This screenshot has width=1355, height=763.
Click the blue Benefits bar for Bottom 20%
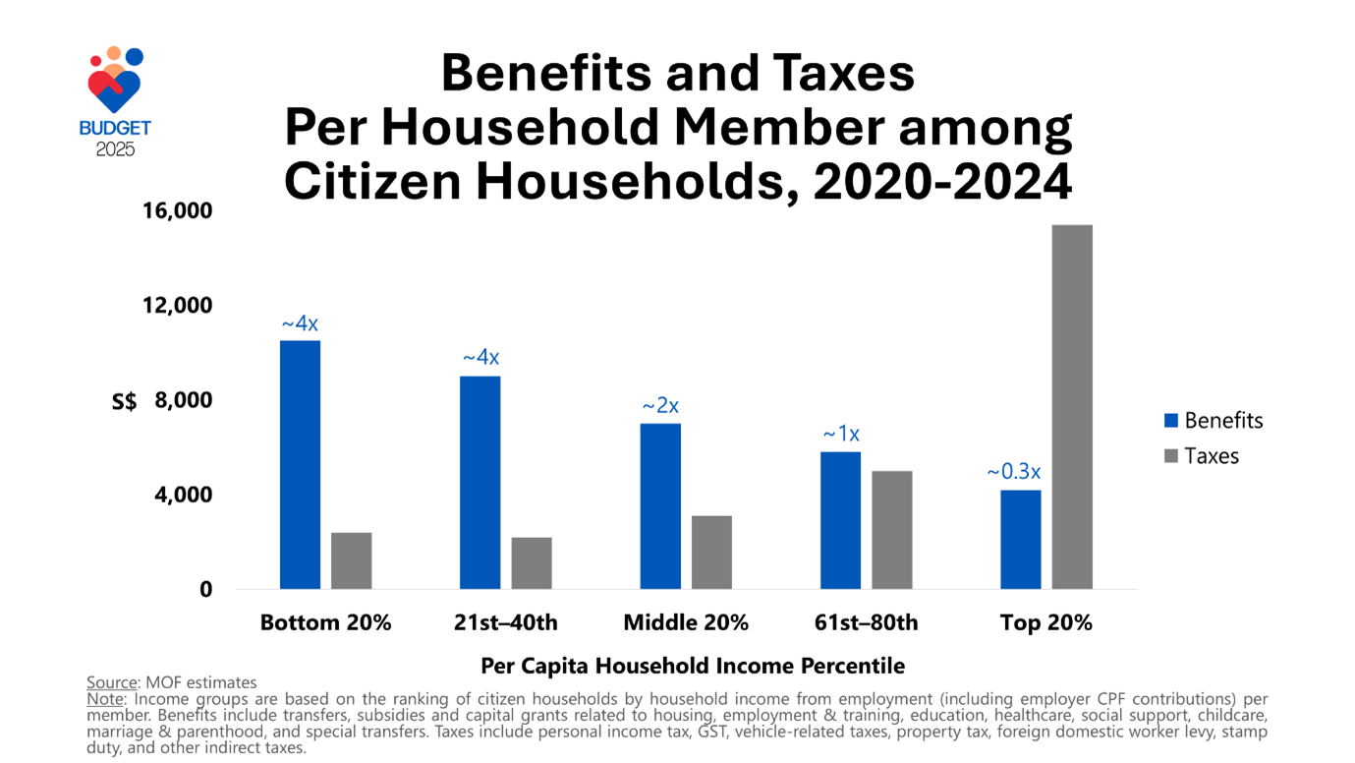coord(300,464)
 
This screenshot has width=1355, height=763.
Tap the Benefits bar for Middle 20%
coord(660,505)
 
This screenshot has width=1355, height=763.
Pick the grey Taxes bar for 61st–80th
coord(891,530)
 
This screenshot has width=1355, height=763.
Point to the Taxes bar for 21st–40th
coord(532,562)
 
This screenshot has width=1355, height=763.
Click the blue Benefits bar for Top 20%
coord(1021,539)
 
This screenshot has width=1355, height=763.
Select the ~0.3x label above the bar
coord(1014,472)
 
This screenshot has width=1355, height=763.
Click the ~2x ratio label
coord(660,405)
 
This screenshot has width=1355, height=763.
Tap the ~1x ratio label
coord(841,434)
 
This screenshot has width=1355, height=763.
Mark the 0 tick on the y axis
coord(205,589)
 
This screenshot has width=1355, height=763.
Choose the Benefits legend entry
coord(1214,421)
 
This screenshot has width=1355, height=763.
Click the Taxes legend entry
coord(1202,456)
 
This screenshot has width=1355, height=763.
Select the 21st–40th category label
coord(506,622)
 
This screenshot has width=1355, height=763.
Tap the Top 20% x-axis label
coord(1045,622)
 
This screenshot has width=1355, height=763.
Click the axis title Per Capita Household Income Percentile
coord(692,666)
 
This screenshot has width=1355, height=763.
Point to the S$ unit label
coord(124,401)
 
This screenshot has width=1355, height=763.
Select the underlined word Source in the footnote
coord(110,682)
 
